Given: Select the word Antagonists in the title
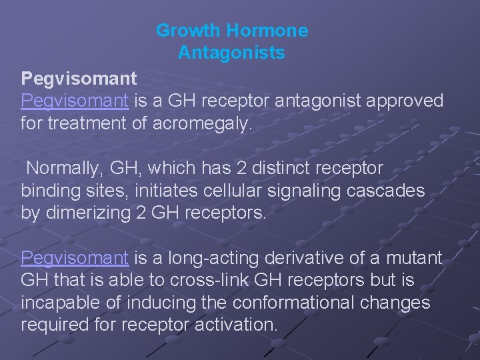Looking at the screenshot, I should (x=231, y=53).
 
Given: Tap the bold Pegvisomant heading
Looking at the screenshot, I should (x=79, y=79).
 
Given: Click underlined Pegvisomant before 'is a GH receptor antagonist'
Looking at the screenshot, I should (x=75, y=101).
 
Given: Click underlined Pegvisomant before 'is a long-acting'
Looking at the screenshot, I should (x=75, y=257).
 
